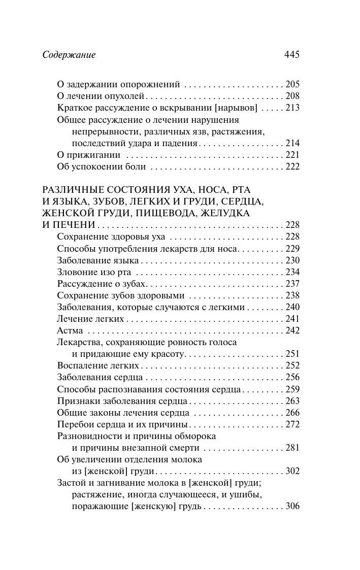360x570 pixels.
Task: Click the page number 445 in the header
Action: tap(291, 55)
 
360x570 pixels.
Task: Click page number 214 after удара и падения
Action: tap(292, 143)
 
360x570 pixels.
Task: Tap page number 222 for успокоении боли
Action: tap(292, 166)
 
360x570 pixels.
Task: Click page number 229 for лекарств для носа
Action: tap(292, 248)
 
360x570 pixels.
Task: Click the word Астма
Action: tap(69, 330)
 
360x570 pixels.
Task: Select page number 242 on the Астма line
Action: tap(292, 330)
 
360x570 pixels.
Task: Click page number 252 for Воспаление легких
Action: tap(292, 365)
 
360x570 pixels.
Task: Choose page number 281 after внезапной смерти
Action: tap(292, 448)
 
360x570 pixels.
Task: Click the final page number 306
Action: tap(292, 506)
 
